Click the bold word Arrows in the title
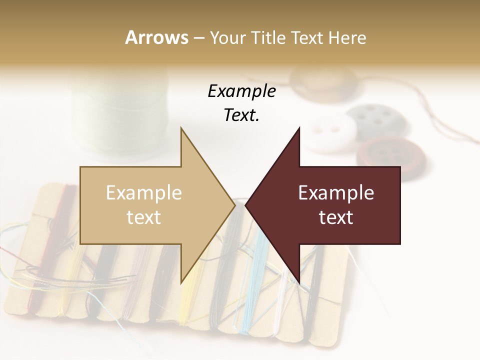[156, 37]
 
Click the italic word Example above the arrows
[241, 91]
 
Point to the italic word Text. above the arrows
[241, 115]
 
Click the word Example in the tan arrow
[144, 193]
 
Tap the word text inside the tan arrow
[144, 217]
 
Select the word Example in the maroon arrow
[336, 193]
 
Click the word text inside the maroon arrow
[336, 217]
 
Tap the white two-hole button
[330, 133]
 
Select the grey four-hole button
[377, 120]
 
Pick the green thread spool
[120, 115]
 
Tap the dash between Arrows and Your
[198, 38]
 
